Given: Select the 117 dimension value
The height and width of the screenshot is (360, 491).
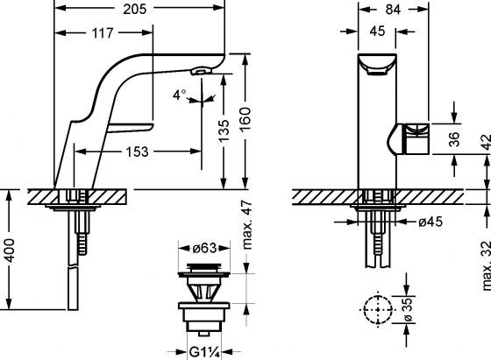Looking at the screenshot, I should point(98,35).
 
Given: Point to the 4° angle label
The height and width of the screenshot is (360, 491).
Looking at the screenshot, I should point(179,95).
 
